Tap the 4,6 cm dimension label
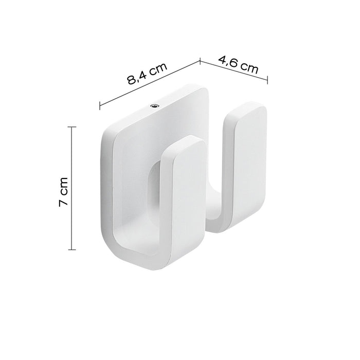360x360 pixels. coord(238,64)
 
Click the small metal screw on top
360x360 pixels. coord(154,105)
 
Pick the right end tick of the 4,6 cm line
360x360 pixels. coord(267,79)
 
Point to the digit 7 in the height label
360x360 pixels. coord(63,202)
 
